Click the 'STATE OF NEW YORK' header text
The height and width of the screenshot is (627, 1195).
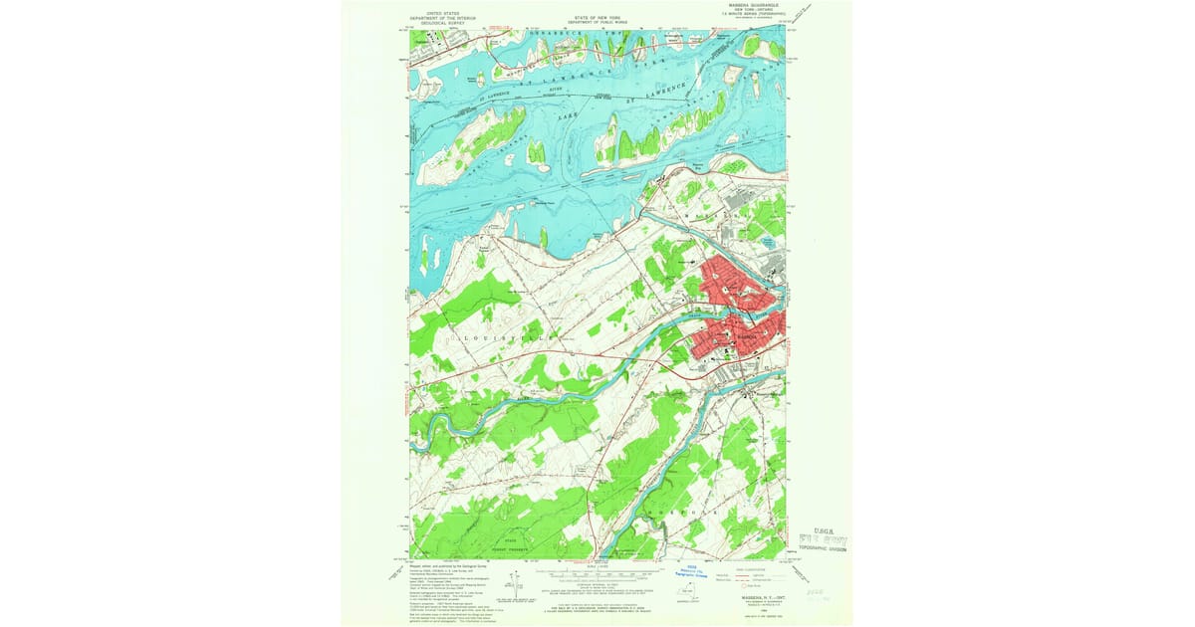point(597,17)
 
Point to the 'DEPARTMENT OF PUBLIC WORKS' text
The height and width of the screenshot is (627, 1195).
point(597,22)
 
